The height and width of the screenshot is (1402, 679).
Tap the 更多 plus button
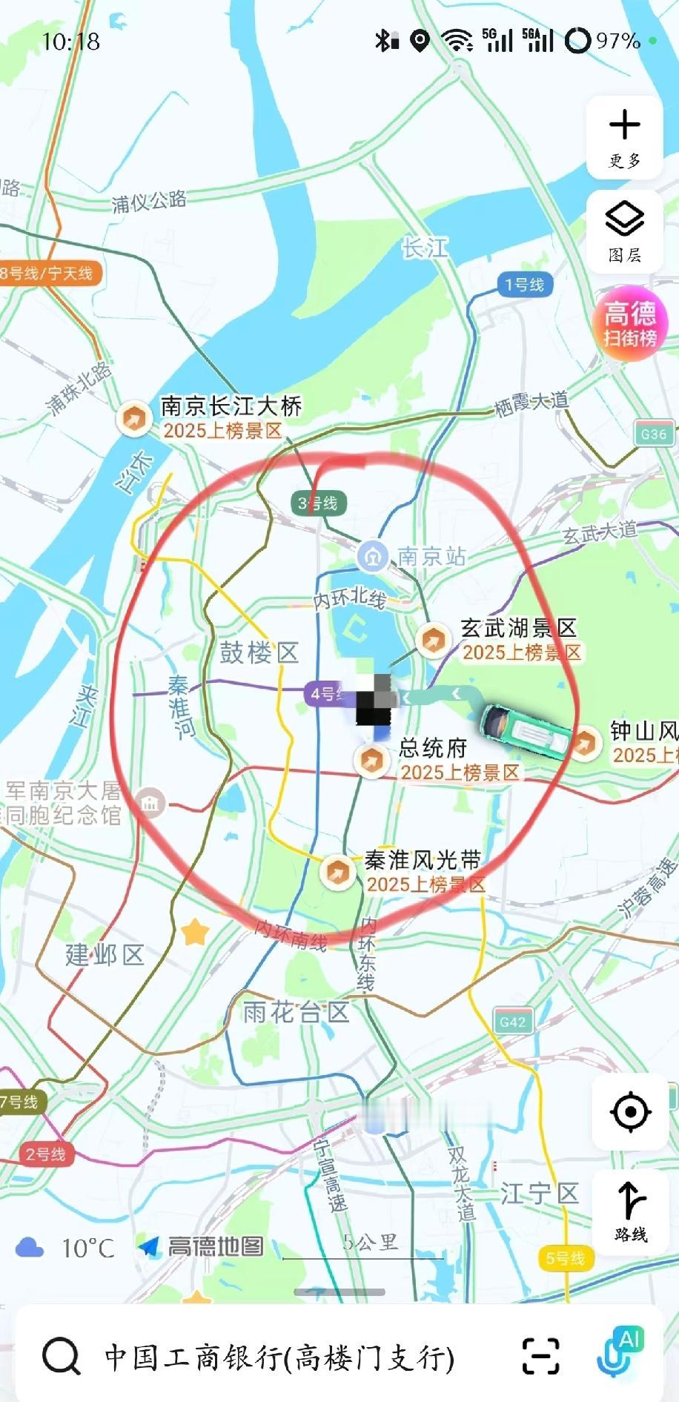pyautogui.click(x=624, y=137)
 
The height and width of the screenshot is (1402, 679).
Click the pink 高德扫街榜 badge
pyautogui.click(x=630, y=324)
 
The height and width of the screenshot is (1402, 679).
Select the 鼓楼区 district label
pyautogui.click(x=259, y=652)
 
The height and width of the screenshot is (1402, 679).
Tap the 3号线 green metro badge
pyautogui.click(x=318, y=503)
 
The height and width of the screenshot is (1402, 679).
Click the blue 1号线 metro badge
pyautogui.click(x=524, y=285)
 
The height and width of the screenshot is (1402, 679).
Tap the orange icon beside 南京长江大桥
pyautogui.click(x=134, y=418)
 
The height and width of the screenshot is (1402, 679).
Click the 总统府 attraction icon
pyautogui.click(x=371, y=760)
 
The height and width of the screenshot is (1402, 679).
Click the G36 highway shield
pyautogui.click(x=653, y=434)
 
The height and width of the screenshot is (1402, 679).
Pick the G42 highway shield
pyautogui.click(x=512, y=1022)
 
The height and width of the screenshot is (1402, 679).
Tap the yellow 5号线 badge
pyautogui.click(x=565, y=1258)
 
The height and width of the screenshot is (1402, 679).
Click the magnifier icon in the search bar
pyautogui.click(x=61, y=1356)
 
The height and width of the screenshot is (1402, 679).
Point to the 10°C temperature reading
pyautogui.click(x=87, y=1249)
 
